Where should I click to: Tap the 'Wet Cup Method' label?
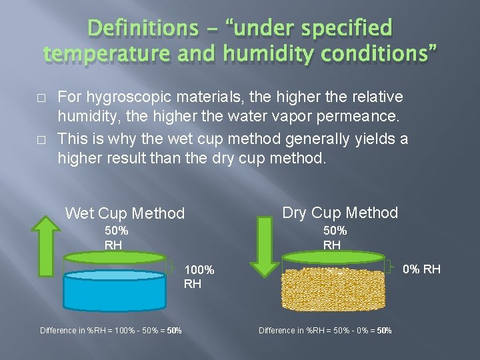click(x=125, y=213)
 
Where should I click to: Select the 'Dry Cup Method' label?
click(x=340, y=213)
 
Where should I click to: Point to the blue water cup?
click(x=115, y=291)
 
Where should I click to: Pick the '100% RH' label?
click(x=199, y=277)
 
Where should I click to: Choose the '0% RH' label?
click(x=421, y=269)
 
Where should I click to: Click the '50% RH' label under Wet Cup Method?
click(x=116, y=237)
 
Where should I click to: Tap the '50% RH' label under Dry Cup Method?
click(x=335, y=237)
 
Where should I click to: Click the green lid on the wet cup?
click(x=115, y=257)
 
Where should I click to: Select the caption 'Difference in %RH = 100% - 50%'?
click(x=111, y=331)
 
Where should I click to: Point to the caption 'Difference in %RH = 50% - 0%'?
click(x=325, y=331)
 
